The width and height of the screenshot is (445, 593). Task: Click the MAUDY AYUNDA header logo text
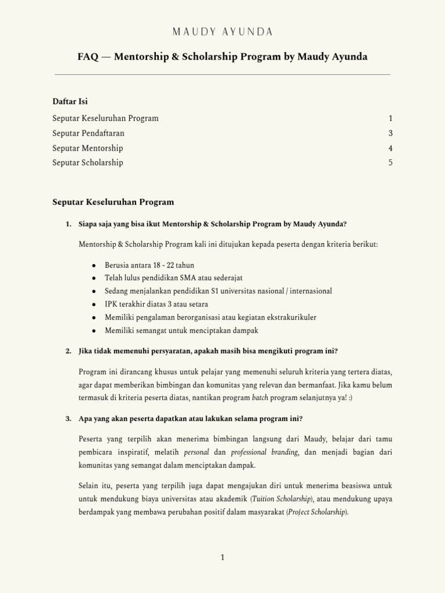click(222, 31)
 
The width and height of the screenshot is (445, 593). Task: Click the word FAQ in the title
click(88, 57)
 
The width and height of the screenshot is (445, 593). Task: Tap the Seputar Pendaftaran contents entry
click(88, 133)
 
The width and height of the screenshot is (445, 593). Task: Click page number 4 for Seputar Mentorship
click(391, 148)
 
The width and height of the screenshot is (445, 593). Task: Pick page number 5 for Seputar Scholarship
click(391, 163)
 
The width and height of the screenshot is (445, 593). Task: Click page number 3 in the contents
click(391, 133)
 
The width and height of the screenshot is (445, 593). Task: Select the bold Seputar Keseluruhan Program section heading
click(113, 202)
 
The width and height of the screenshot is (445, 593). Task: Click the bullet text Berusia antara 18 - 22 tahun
click(149, 265)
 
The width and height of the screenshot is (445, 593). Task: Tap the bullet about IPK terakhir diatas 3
click(156, 304)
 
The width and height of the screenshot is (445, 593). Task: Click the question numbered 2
click(208, 351)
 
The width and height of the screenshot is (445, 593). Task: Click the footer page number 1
click(222, 557)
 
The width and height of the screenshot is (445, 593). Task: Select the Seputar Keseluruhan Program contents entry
click(105, 118)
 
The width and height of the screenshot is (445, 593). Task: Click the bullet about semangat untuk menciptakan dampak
click(181, 330)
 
